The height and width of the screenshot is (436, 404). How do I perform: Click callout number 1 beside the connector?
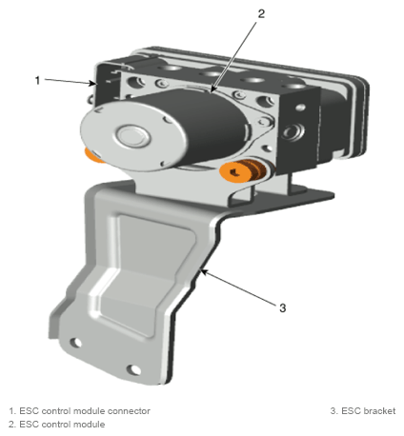(x=37, y=80)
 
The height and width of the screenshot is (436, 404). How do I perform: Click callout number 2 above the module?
(x=261, y=13)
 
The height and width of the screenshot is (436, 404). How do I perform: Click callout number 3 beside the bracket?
(x=283, y=307)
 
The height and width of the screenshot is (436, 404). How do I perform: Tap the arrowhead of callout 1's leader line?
(x=93, y=84)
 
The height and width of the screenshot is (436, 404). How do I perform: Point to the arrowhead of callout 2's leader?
(x=212, y=89)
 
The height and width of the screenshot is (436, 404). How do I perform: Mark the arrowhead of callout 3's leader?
(x=204, y=272)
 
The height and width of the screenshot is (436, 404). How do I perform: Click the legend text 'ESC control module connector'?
(x=85, y=411)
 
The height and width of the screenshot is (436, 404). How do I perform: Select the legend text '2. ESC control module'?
(x=56, y=425)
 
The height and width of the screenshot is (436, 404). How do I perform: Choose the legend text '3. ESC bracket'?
(x=363, y=411)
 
